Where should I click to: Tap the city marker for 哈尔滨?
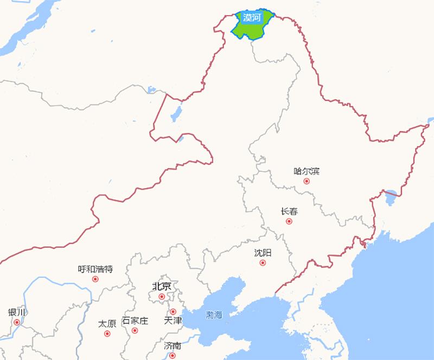click(x=307, y=181)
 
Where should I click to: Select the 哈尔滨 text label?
click(x=307, y=171)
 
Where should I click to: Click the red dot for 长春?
click(x=289, y=221)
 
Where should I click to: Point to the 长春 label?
click(x=289, y=211)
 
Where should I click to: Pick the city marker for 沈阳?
click(x=263, y=263)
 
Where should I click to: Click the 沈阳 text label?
click(x=263, y=253)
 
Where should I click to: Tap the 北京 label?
click(x=162, y=286)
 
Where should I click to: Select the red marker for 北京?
click(x=162, y=297)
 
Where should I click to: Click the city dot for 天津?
click(x=173, y=312)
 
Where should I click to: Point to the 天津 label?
click(x=173, y=321)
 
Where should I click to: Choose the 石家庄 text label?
click(x=135, y=321)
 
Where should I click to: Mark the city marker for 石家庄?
click(x=135, y=331)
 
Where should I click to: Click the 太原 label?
click(x=107, y=324)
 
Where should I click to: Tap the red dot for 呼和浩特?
click(x=95, y=279)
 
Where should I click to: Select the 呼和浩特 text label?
click(x=95, y=269)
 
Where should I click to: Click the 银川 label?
click(x=17, y=312)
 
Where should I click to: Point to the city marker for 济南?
click(x=173, y=356)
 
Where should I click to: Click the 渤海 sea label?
click(x=214, y=314)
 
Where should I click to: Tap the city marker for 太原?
click(x=107, y=333)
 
